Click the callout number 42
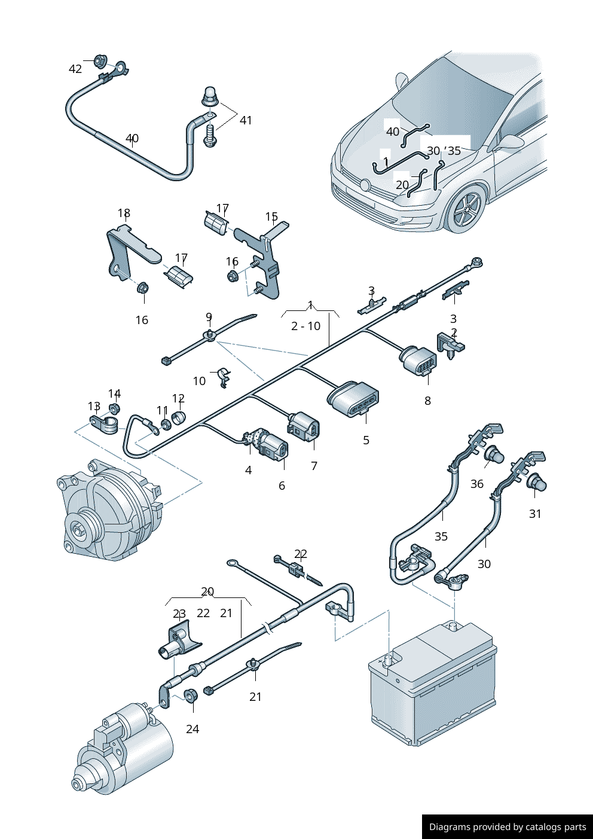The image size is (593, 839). coord(75,69)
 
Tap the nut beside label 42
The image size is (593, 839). coord(100,60)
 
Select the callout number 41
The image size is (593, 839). coord(246,120)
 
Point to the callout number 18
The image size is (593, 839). coord(124,213)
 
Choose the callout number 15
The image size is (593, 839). coord(271,216)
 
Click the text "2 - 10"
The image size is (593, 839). coord(305,326)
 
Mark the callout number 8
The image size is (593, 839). coord(427,401)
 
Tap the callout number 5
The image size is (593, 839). coord(366,440)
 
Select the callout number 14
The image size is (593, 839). coord(114,393)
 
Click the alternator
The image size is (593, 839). coord(108,508)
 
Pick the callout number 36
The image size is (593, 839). coord(476,484)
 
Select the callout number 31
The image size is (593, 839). coord(535,514)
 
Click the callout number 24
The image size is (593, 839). coord(192,729)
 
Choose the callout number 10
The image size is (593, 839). coord(199,381)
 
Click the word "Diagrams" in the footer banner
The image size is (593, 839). coord(450,827)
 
